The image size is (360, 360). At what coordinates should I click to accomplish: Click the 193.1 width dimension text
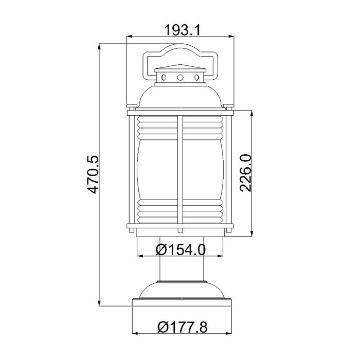coord(181,30)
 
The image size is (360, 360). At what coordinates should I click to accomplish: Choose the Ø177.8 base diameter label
coord(181,326)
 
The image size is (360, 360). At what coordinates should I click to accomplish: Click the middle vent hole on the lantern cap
coord(181,78)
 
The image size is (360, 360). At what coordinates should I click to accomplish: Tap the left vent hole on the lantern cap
coord(164,78)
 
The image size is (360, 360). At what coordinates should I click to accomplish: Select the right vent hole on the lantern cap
coord(197,78)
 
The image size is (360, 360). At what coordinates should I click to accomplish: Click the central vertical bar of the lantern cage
coord(181,170)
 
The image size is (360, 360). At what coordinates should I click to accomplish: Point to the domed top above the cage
coord(181,95)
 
